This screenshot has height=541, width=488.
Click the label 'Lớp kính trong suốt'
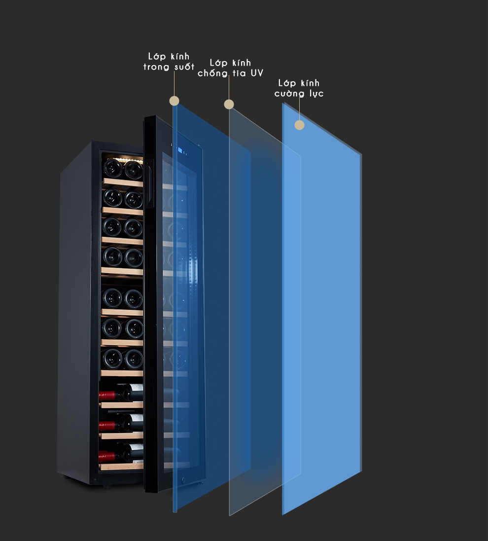coord(169,62)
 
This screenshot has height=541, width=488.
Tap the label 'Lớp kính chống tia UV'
coord(230,68)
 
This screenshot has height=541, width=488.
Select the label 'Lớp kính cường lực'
coord(299,88)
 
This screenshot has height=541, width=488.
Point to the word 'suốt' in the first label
coord(184,67)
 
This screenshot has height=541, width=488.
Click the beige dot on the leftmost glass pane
coord(174,101)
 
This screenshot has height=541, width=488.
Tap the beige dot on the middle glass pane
coord(229,104)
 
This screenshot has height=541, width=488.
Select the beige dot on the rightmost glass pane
coord(299,125)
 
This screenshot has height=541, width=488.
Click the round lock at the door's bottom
coord(185,478)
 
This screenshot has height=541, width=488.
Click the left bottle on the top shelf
coord(112,169)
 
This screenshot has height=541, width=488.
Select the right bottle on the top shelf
coord(133,170)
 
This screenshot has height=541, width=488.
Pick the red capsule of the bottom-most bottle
coord(106,456)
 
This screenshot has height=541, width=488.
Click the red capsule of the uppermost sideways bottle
coord(107,395)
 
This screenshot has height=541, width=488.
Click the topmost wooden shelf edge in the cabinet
coord(122,183)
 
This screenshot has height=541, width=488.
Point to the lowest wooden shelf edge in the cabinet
coord(121,466)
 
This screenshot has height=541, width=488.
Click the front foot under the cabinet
coord(105,485)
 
